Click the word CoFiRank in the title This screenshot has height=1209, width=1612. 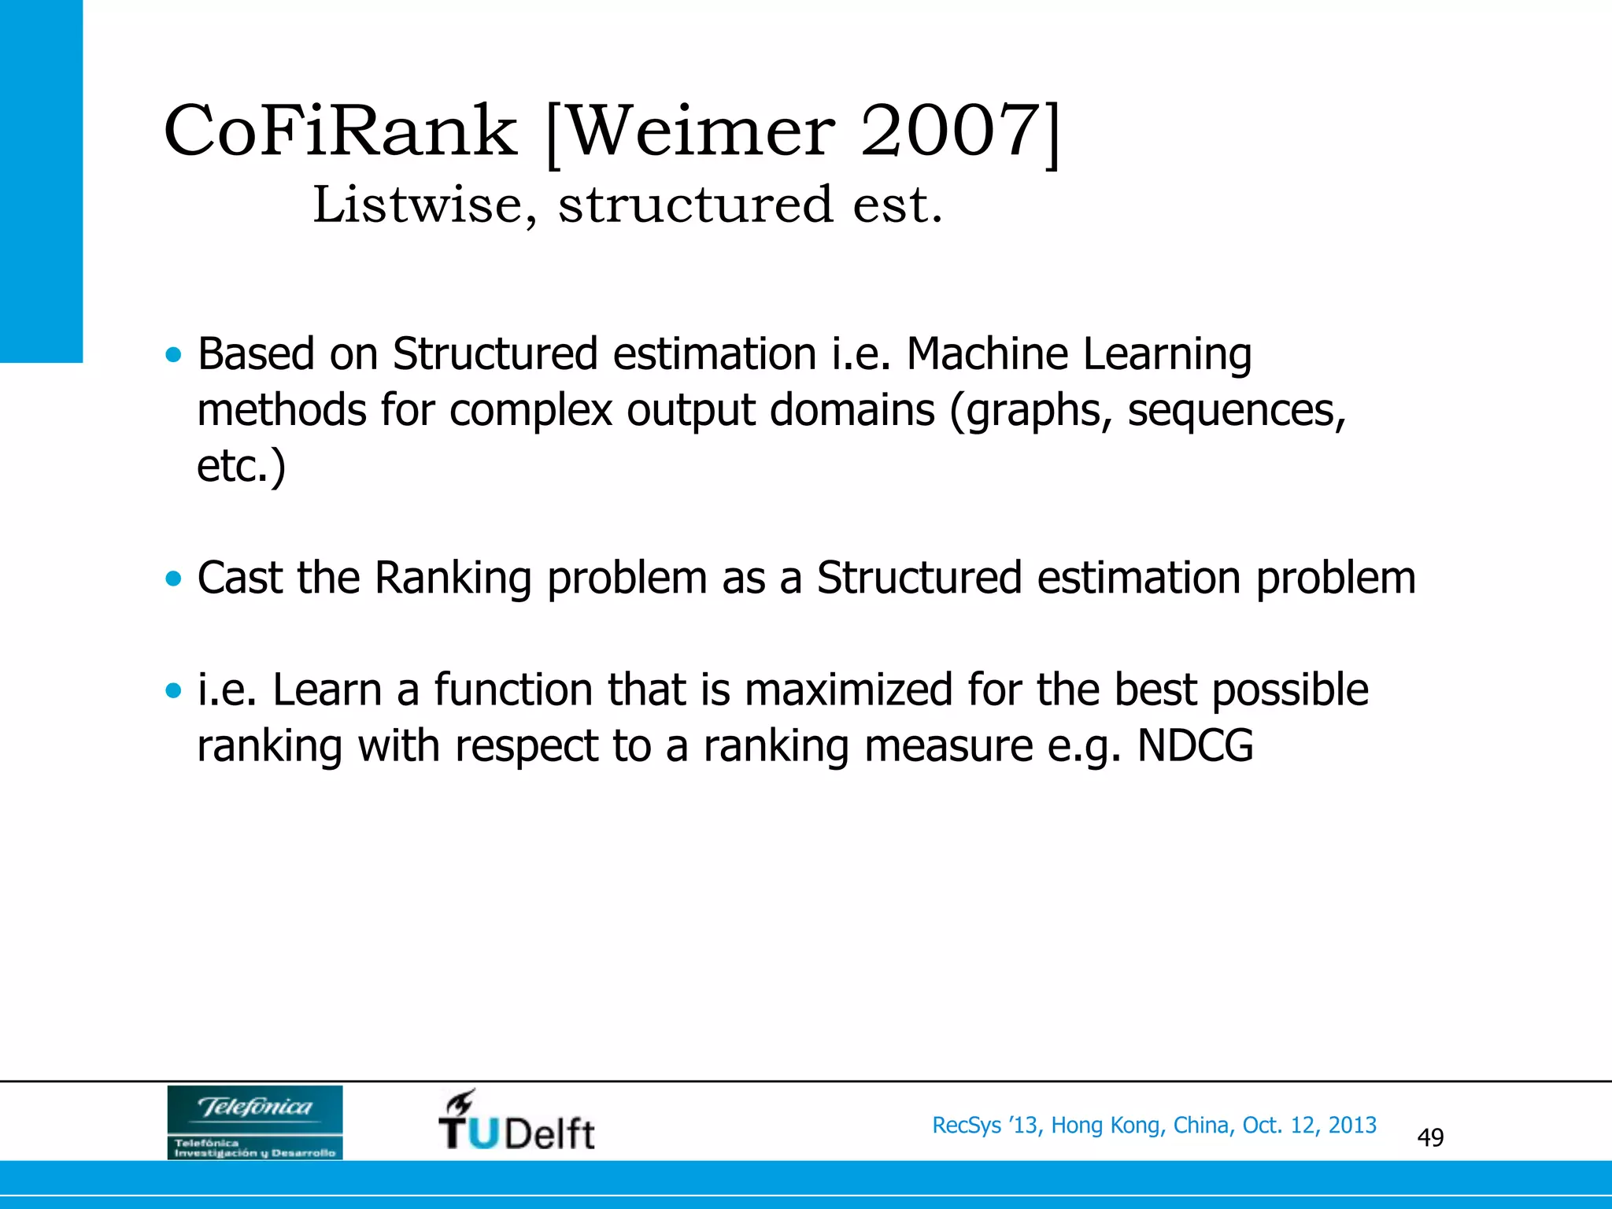(340, 131)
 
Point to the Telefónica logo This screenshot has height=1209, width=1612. (255, 1122)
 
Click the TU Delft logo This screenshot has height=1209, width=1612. (516, 1121)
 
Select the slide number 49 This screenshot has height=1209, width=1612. (1430, 1137)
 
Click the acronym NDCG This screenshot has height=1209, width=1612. (1195, 745)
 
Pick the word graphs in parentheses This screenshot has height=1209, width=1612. (1034, 410)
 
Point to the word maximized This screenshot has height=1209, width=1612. (849, 690)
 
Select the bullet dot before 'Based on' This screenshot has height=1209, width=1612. (173, 355)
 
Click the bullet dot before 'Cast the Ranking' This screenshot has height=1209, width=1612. (173, 579)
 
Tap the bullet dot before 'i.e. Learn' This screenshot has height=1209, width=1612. (173, 691)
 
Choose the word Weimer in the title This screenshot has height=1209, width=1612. (698, 131)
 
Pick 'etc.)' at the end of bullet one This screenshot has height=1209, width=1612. (241, 466)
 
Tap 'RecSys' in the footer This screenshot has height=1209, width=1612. (966, 1126)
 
